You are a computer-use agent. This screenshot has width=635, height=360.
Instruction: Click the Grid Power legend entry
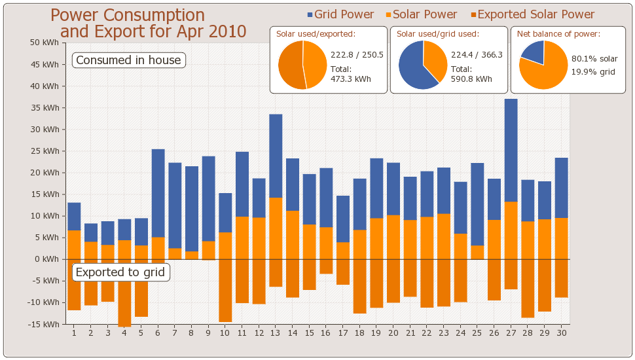pyautogui.click(x=340, y=14)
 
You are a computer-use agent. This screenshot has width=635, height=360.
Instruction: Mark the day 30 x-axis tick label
pyautogui.click(x=561, y=333)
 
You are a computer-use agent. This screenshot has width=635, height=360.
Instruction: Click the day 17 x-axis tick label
pyautogui.click(x=343, y=333)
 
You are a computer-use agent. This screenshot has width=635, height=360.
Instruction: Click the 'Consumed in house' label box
pyautogui.click(x=128, y=60)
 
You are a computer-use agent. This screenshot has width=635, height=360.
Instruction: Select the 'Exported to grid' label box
pyautogui.click(x=120, y=272)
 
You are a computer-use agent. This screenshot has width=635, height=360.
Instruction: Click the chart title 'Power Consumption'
pyautogui.click(x=128, y=16)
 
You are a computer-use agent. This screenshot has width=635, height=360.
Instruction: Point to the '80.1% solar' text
pyautogui.click(x=594, y=59)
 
